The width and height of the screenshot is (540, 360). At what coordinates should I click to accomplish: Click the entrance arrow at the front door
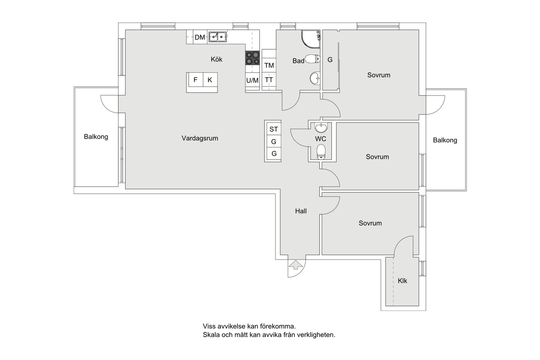point(296,265)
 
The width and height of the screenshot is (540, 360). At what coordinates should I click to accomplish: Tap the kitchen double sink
point(217,37)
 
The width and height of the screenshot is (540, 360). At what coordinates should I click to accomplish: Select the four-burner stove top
point(252,58)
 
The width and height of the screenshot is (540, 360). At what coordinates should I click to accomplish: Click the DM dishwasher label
point(200,37)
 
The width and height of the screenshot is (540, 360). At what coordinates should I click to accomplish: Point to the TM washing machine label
point(269,65)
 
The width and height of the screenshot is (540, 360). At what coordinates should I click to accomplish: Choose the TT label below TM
point(269,80)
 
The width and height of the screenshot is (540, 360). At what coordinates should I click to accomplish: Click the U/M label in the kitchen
point(252,81)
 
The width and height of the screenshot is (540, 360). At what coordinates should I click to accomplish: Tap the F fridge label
point(195,80)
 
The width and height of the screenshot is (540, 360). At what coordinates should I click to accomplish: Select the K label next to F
point(210,80)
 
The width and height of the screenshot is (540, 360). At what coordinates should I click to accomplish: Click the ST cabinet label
point(274,130)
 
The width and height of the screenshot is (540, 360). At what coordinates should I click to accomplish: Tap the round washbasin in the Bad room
point(315,78)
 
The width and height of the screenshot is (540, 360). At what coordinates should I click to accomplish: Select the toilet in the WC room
point(321,152)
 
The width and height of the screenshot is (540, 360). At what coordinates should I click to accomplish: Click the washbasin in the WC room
point(321,128)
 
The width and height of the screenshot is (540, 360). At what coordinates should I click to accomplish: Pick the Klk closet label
point(402,281)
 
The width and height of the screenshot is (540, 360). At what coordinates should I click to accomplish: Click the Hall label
point(301,211)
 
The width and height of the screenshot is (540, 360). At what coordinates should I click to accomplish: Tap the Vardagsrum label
point(200,138)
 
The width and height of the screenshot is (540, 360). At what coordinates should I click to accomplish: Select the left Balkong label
point(96,137)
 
